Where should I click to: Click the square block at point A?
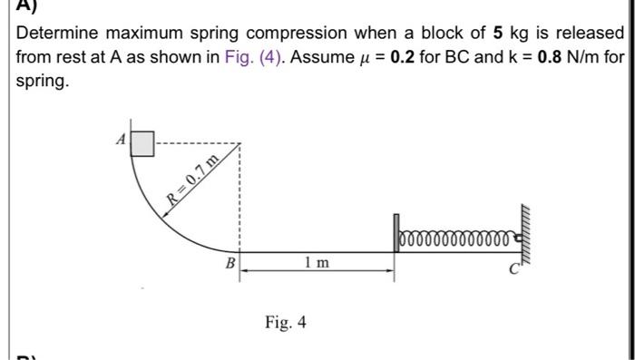(143, 144)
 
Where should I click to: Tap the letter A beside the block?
(119, 141)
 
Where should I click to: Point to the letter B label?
(230, 263)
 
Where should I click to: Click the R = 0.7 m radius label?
(191, 182)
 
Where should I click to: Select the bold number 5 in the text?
(498, 34)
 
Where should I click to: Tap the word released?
(586, 34)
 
